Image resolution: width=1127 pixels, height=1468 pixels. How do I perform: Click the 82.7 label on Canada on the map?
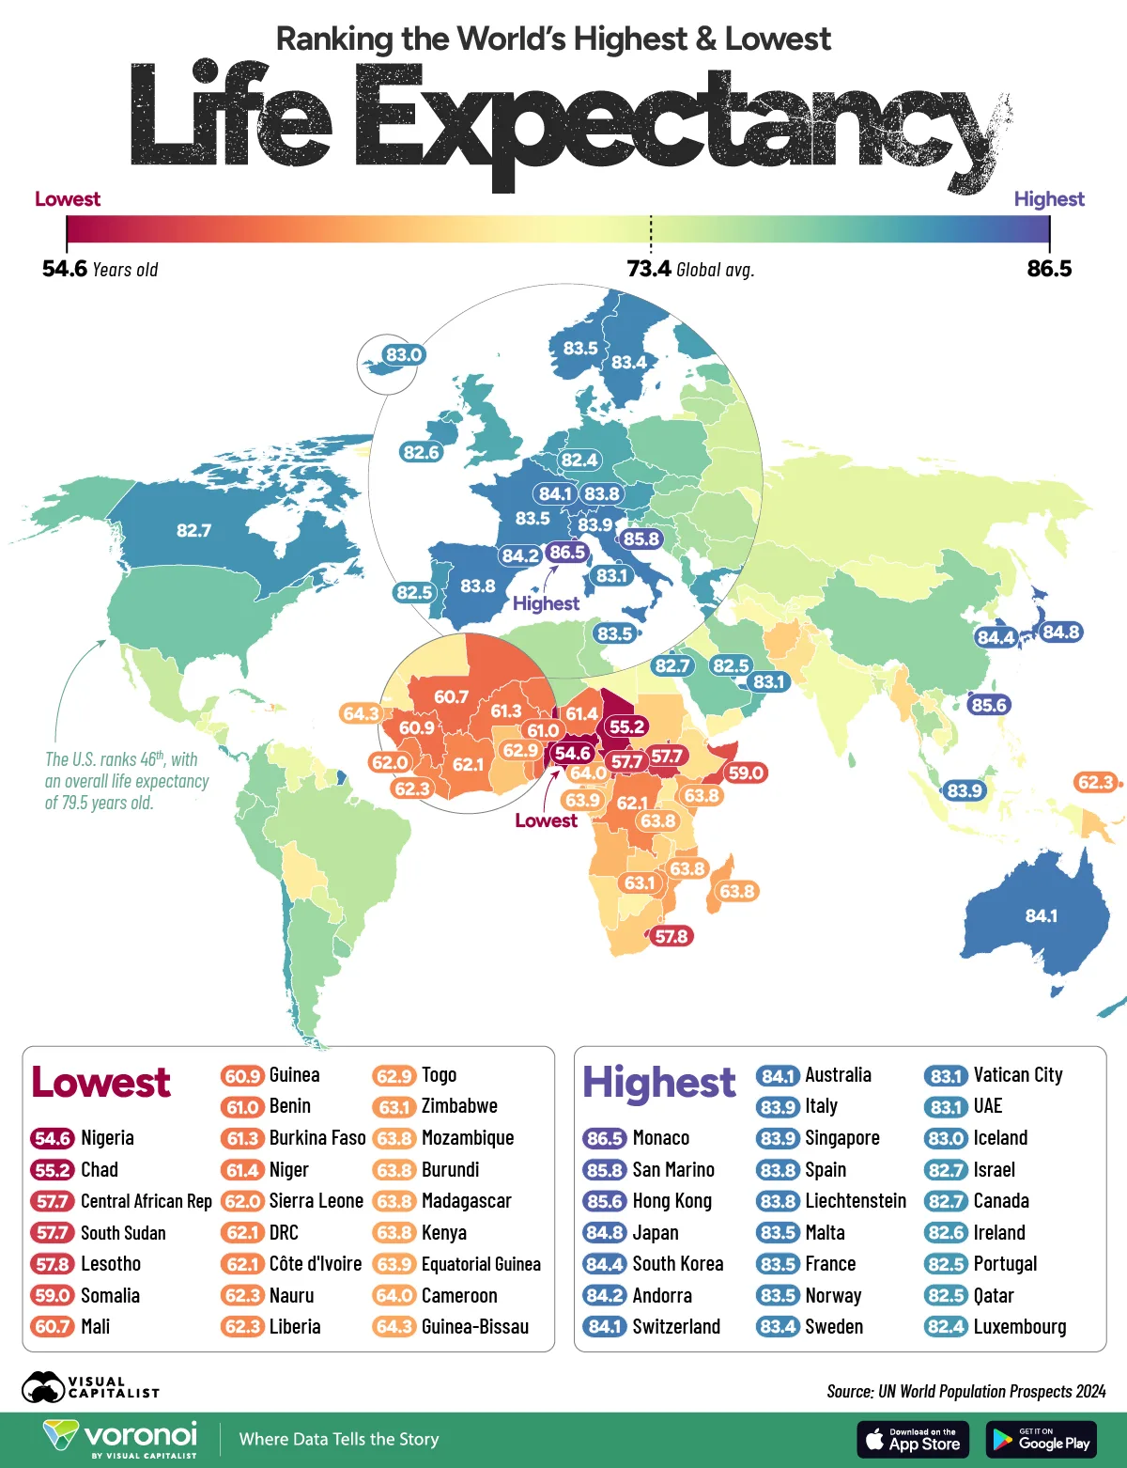click(193, 531)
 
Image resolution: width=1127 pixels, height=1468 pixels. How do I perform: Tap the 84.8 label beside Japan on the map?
click(1060, 632)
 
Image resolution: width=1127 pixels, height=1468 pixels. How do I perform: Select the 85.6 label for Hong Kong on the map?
click(989, 705)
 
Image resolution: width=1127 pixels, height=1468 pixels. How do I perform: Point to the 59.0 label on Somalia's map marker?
click(746, 773)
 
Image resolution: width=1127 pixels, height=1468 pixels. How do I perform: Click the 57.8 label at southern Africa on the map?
click(672, 936)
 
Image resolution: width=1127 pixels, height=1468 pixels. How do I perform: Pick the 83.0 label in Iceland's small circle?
click(404, 354)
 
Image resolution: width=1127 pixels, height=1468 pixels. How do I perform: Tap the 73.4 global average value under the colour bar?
click(649, 270)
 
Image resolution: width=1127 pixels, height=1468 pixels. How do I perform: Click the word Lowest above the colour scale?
click(67, 199)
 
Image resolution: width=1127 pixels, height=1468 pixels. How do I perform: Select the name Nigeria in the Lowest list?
click(107, 1138)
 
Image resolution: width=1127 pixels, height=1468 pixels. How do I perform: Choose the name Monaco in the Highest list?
click(660, 1138)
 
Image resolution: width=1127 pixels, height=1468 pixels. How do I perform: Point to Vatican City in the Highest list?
click(1017, 1075)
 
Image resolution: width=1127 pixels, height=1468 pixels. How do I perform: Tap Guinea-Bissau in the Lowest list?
click(474, 1327)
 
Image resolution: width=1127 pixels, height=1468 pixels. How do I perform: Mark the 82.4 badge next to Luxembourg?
click(946, 1327)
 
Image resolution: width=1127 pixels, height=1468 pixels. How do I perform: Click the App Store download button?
click(912, 1440)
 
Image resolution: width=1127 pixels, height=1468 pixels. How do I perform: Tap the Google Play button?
click(1042, 1440)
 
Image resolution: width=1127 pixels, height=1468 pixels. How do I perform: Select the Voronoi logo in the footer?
click(120, 1439)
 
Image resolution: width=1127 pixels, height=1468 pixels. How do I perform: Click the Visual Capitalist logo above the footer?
click(90, 1387)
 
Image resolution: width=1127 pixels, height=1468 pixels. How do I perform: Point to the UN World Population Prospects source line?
click(965, 1391)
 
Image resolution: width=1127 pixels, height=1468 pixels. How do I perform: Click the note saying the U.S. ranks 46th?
click(127, 781)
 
